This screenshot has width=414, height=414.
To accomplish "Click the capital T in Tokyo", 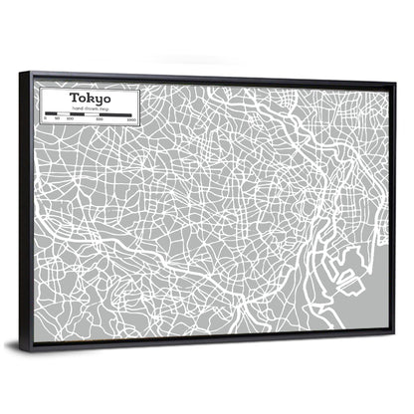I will [x=72, y=98].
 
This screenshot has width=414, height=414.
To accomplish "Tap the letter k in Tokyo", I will [x=86, y=98].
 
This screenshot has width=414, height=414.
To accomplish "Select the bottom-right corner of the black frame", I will [x=391, y=329].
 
